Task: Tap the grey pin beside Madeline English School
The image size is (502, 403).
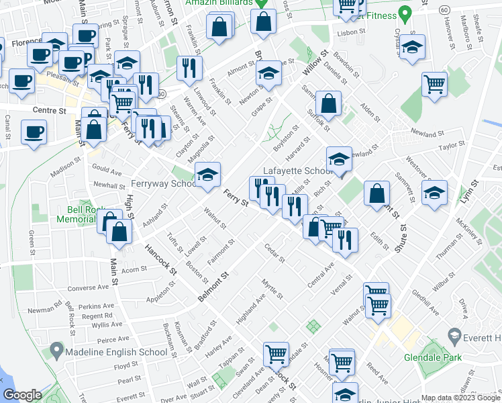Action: coord(56,351)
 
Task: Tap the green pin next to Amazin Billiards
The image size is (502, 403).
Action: coord(264,3)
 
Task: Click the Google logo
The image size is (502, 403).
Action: coord(22,396)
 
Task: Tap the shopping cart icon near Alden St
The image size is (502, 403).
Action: coord(434,84)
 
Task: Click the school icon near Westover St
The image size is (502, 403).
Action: coord(434,191)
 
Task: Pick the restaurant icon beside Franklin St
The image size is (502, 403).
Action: coord(189,67)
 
